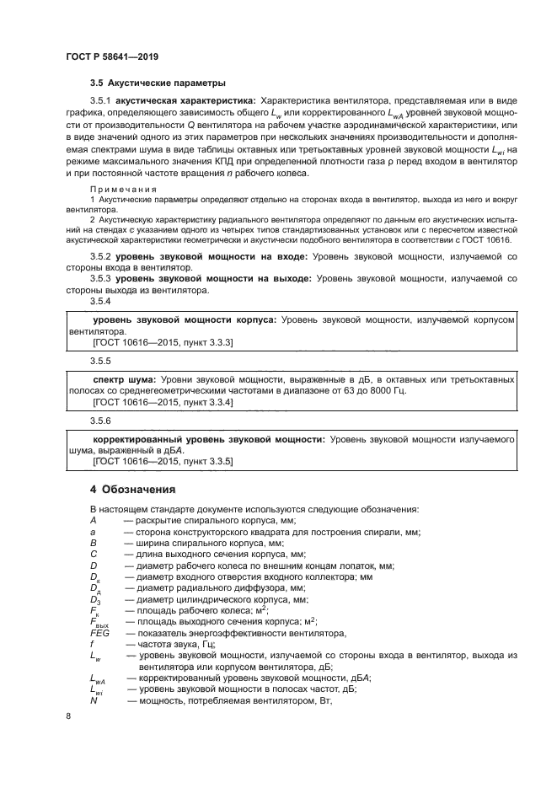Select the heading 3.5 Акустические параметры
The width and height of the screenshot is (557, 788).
[158, 83]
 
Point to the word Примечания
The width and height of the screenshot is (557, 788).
[118, 190]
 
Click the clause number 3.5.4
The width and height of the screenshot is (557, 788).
[101, 301]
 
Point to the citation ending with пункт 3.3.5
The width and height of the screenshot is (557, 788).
[163, 462]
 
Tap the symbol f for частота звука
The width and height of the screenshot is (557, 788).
[92, 643]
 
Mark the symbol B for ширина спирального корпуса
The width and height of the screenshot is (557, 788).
[94, 544]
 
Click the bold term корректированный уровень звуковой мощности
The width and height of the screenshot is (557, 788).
[208, 439]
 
